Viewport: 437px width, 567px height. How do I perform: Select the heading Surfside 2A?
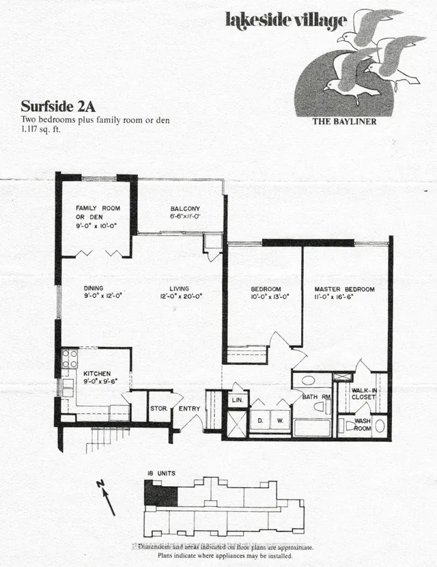click(x=52, y=107)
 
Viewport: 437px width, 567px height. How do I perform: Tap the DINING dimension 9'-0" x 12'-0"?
click(x=101, y=296)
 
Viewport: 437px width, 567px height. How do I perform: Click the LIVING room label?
click(x=180, y=288)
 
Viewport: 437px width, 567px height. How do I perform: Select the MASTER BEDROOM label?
click(x=345, y=289)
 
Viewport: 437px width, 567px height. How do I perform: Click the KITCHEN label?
click(x=97, y=374)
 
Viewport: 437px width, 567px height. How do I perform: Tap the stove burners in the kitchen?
click(x=70, y=359)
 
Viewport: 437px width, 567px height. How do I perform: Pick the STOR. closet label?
click(x=159, y=409)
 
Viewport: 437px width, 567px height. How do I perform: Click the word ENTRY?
click(x=188, y=409)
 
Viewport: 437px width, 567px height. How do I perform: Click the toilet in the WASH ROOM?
click(x=348, y=426)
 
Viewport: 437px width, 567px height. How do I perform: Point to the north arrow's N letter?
click(x=100, y=484)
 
